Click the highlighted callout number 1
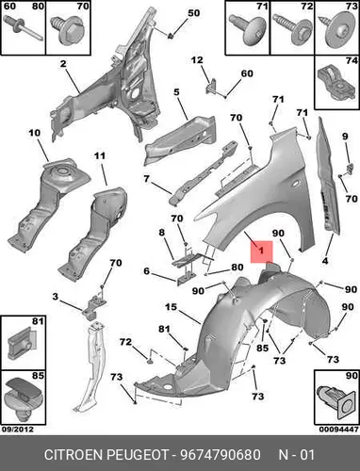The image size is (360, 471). [261, 251]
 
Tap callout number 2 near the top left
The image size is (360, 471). [63, 64]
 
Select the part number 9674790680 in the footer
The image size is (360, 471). [220, 455]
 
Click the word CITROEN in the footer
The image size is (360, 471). [74, 455]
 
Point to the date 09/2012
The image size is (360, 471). [18, 429]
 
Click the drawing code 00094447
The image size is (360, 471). [339, 429]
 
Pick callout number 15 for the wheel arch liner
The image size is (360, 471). [171, 307]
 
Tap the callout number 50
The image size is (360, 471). [193, 13]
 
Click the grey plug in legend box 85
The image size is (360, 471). [23, 398]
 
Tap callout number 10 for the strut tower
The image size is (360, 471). [34, 133]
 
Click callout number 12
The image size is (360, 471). [197, 59]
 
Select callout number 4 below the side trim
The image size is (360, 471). [325, 260]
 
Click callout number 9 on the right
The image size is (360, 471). [345, 137]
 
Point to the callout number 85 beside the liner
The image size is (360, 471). [262, 348]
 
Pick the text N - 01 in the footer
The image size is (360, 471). [297, 455]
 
